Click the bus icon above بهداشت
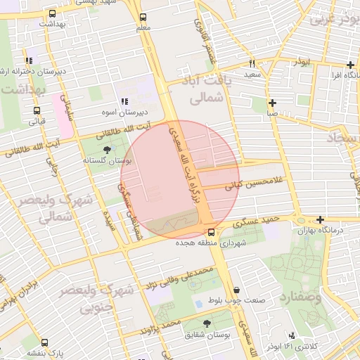pyautogui.click(x=51, y=14)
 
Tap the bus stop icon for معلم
pyautogui.click(x=143, y=17)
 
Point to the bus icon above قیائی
pyautogui.click(x=37, y=110)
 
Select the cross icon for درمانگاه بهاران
pyautogui.click(x=321, y=219)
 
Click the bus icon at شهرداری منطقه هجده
pyautogui.click(x=211, y=233)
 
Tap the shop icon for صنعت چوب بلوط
pyautogui.click(x=236, y=290)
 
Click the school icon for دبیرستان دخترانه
pyautogui.click(x=28, y=61)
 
